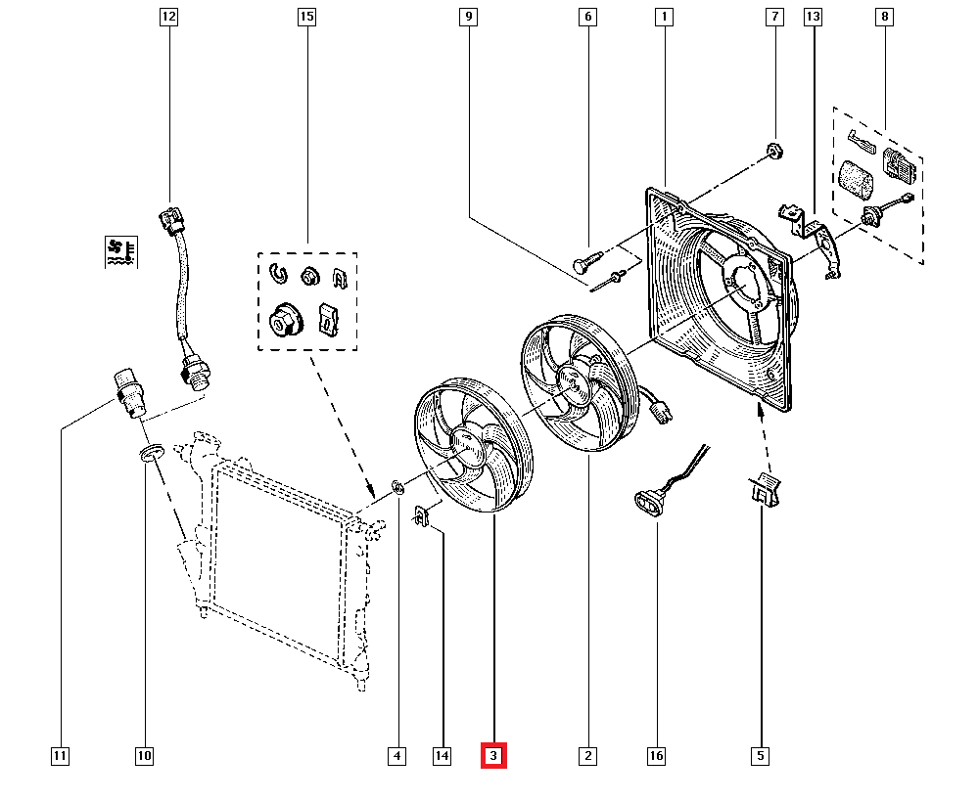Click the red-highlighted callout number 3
click(x=493, y=756)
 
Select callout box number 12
click(x=168, y=17)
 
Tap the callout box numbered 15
click(x=306, y=17)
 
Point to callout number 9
click(x=468, y=17)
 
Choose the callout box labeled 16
click(x=656, y=756)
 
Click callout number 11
click(x=60, y=756)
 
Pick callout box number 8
click(x=884, y=17)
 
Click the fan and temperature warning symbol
click(x=121, y=252)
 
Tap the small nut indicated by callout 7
click(x=774, y=151)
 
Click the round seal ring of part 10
click(x=151, y=453)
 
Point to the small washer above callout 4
click(x=397, y=486)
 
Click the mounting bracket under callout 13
click(x=812, y=240)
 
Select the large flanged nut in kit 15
click(x=284, y=320)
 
